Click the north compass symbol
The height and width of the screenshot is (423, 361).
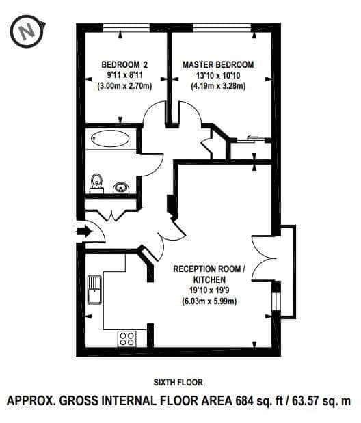28,32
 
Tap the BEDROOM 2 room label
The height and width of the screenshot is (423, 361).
124,65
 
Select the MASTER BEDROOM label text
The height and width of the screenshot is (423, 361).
218,65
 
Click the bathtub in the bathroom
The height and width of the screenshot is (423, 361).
110,139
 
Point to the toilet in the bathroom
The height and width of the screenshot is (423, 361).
96,183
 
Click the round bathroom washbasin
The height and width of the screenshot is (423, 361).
121,187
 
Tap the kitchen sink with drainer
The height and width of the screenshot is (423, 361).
94,290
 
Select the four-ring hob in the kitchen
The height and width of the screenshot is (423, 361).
127,339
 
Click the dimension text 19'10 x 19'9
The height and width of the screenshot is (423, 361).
209,290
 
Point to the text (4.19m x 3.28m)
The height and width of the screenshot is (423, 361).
218,86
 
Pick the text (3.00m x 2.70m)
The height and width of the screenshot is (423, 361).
124,86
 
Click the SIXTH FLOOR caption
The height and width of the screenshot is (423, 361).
178,382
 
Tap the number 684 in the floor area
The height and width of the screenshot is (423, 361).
245,400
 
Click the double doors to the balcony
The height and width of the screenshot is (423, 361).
264,258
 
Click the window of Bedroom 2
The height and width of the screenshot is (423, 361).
126,28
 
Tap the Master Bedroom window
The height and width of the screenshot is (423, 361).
222,28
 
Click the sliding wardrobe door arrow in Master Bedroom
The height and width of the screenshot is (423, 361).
252,137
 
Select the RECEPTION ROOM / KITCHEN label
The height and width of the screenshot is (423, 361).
209,274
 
